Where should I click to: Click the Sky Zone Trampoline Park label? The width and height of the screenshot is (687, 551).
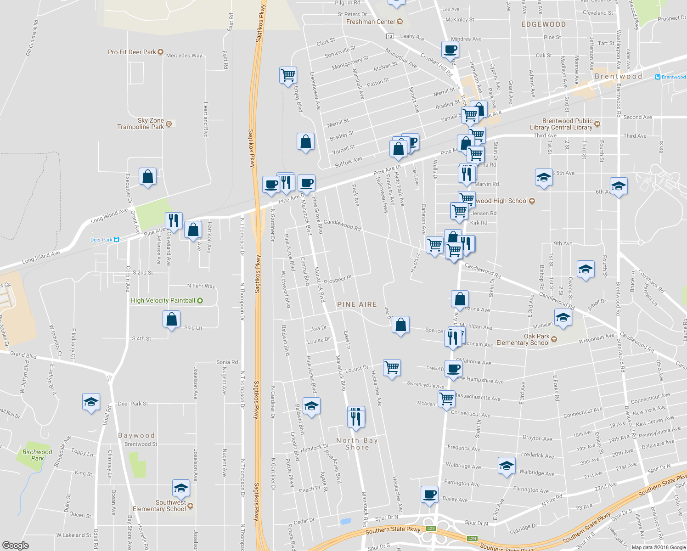pyautogui.click(x=141, y=124)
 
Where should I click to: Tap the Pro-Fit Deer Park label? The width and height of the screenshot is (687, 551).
pyautogui.click(x=132, y=52)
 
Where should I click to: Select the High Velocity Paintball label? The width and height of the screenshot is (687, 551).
pyautogui.click(x=163, y=300)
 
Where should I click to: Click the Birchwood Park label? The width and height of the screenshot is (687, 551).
pyautogui.click(x=37, y=455)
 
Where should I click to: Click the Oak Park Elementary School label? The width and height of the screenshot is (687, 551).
pyautogui.click(x=523, y=339)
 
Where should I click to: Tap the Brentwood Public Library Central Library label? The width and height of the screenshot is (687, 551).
pyautogui.click(x=568, y=124)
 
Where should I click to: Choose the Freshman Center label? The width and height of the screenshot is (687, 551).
pyautogui.click(x=371, y=22)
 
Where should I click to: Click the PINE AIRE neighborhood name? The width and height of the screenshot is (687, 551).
pyautogui.click(x=357, y=304)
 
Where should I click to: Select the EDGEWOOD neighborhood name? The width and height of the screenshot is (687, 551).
pyautogui.click(x=543, y=24)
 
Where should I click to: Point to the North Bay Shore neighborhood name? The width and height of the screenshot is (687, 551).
pyautogui.click(x=357, y=444)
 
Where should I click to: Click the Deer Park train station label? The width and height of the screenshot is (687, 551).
pyautogui.click(x=101, y=240)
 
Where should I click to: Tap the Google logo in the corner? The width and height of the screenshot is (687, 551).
pyautogui.click(x=16, y=545)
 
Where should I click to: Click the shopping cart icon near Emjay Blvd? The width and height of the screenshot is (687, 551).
pyautogui.click(x=288, y=74)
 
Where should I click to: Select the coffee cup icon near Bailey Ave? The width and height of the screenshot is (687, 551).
pyautogui.click(x=429, y=495)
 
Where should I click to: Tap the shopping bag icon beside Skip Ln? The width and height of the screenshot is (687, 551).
pyautogui.click(x=171, y=319)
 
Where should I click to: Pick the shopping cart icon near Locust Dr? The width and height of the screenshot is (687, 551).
pyautogui.click(x=392, y=367)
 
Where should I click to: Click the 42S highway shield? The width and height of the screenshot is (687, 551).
pyautogui.click(x=430, y=529)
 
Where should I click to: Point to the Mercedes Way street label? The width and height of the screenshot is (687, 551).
pyautogui.click(x=184, y=56)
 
